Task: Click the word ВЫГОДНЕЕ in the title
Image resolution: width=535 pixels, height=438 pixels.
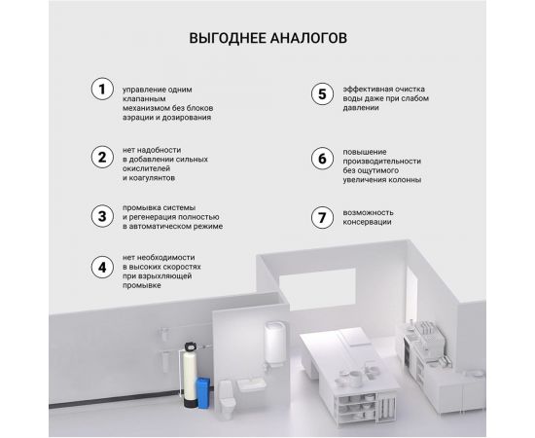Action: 228,38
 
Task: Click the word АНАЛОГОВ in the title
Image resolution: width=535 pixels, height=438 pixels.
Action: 308,38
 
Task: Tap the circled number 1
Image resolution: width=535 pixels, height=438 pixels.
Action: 102,90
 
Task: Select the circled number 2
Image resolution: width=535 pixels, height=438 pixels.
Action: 102,158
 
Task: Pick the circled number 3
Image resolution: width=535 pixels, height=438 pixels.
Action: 102,216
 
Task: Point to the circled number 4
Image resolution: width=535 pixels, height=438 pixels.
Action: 102,268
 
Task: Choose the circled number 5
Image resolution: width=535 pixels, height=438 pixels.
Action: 322,93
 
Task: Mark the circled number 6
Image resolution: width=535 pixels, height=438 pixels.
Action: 322,159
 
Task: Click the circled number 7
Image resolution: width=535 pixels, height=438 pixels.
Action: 322,217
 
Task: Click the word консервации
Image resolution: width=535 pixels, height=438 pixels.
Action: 367,222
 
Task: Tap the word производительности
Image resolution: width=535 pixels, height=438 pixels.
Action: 382,162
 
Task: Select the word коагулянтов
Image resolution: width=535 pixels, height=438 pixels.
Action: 152,178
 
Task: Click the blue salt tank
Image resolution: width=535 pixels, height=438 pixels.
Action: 203,393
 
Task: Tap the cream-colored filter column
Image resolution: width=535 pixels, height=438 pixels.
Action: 190,376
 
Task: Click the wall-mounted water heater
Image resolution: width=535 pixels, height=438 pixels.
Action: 272,343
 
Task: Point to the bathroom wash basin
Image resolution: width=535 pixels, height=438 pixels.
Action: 252,384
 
